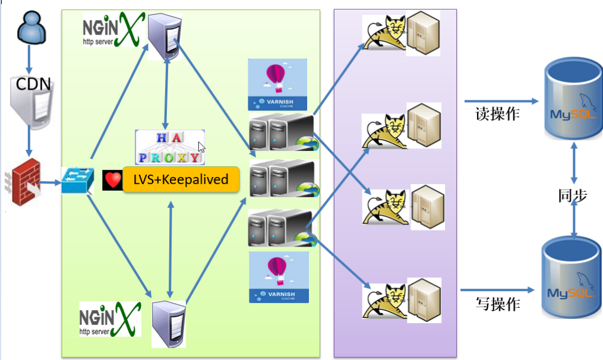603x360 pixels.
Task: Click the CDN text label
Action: [x=33, y=84]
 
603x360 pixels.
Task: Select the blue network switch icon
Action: [x=77, y=180]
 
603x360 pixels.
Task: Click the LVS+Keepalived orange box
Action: [x=181, y=179]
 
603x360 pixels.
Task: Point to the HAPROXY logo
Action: [x=170, y=147]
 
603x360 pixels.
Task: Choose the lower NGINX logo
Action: [x=110, y=318]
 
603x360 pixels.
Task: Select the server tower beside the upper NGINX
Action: [x=164, y=37]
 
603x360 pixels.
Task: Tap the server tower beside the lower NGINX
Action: [x=169, y=323]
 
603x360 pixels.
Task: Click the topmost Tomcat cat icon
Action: [x=383, y=36]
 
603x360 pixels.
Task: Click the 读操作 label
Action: [x=497, y=113]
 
